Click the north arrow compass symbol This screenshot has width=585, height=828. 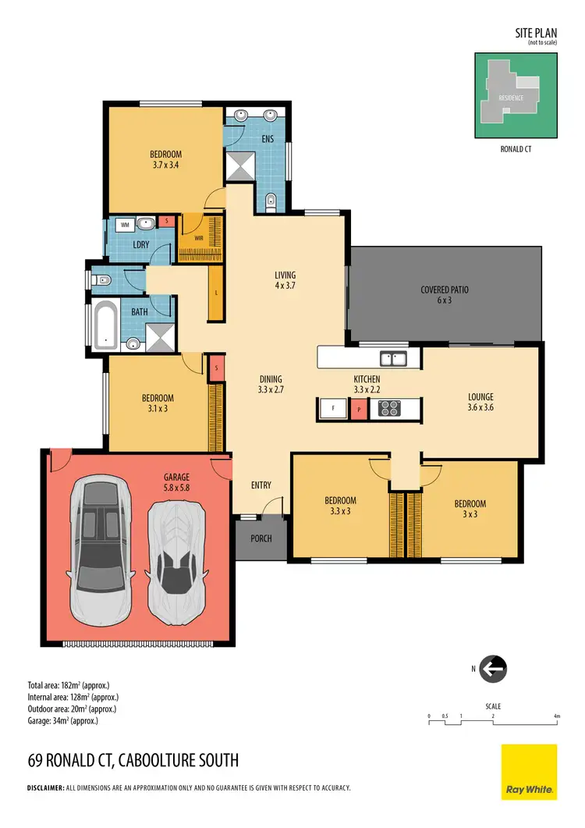coord(493,669)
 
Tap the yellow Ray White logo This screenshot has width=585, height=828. coord(529,772)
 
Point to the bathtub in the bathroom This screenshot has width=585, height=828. coord(105,326)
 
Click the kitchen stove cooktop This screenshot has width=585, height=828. coord(388,408)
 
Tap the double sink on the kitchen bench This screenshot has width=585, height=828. coord(392,358)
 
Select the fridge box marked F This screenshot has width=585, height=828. coord(333,408)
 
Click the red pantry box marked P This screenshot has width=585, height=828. coord(359,408)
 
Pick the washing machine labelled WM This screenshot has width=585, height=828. coord(124,225)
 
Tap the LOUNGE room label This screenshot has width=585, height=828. coord(480,396)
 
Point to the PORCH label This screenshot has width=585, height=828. coord(261,538)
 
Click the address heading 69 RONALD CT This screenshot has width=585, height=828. coord(133,760)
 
